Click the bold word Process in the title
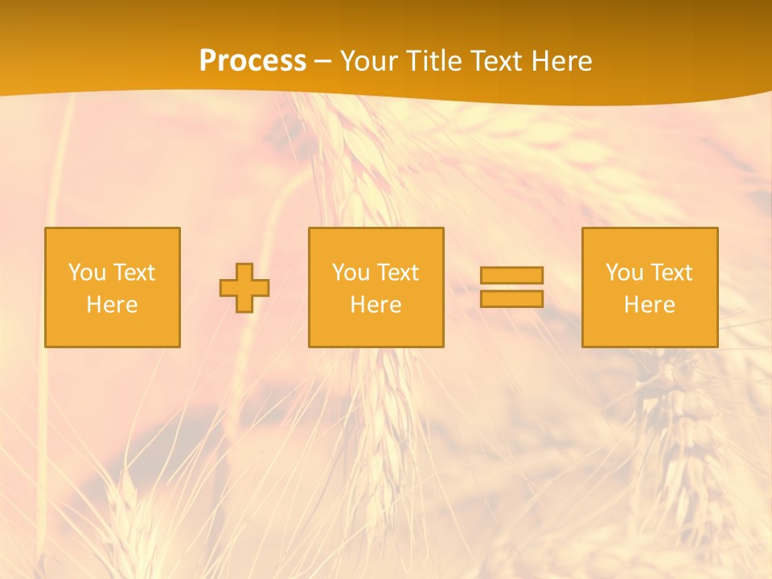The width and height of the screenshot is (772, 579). pos(253,61)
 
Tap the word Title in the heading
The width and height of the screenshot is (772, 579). pos(435,61)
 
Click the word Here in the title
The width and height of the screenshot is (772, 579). pos(565,61)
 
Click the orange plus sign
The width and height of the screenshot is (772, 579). pos(244,288)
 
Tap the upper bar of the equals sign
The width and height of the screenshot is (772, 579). pos(511,275)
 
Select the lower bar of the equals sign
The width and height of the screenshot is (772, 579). pos(511,299)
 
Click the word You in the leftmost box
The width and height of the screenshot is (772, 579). pos(87,273)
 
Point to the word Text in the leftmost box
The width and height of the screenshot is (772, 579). pos(133,273)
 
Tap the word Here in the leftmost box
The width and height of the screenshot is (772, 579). pos(113,305)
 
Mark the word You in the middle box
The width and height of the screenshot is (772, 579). pos(351,273)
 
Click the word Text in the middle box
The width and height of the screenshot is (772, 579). pos(397,273)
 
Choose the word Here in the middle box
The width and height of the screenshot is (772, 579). pos(376,305)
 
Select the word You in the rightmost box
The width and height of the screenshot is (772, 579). pos(624,273)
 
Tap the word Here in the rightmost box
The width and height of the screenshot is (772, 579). pos(650,305)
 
